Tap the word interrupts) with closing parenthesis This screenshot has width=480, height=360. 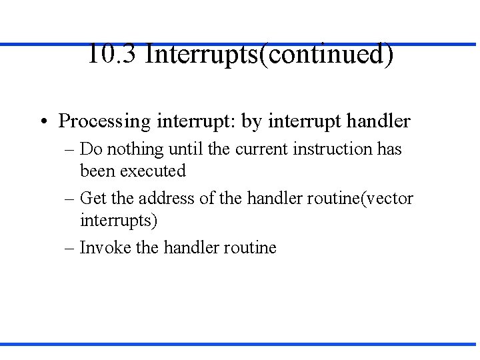pyautogui.click(x=119, y=220)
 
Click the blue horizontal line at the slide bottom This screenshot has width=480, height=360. pyautogui.click(x=240, y=344)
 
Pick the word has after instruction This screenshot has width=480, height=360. pyautogui.click(x=389, y=149)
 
